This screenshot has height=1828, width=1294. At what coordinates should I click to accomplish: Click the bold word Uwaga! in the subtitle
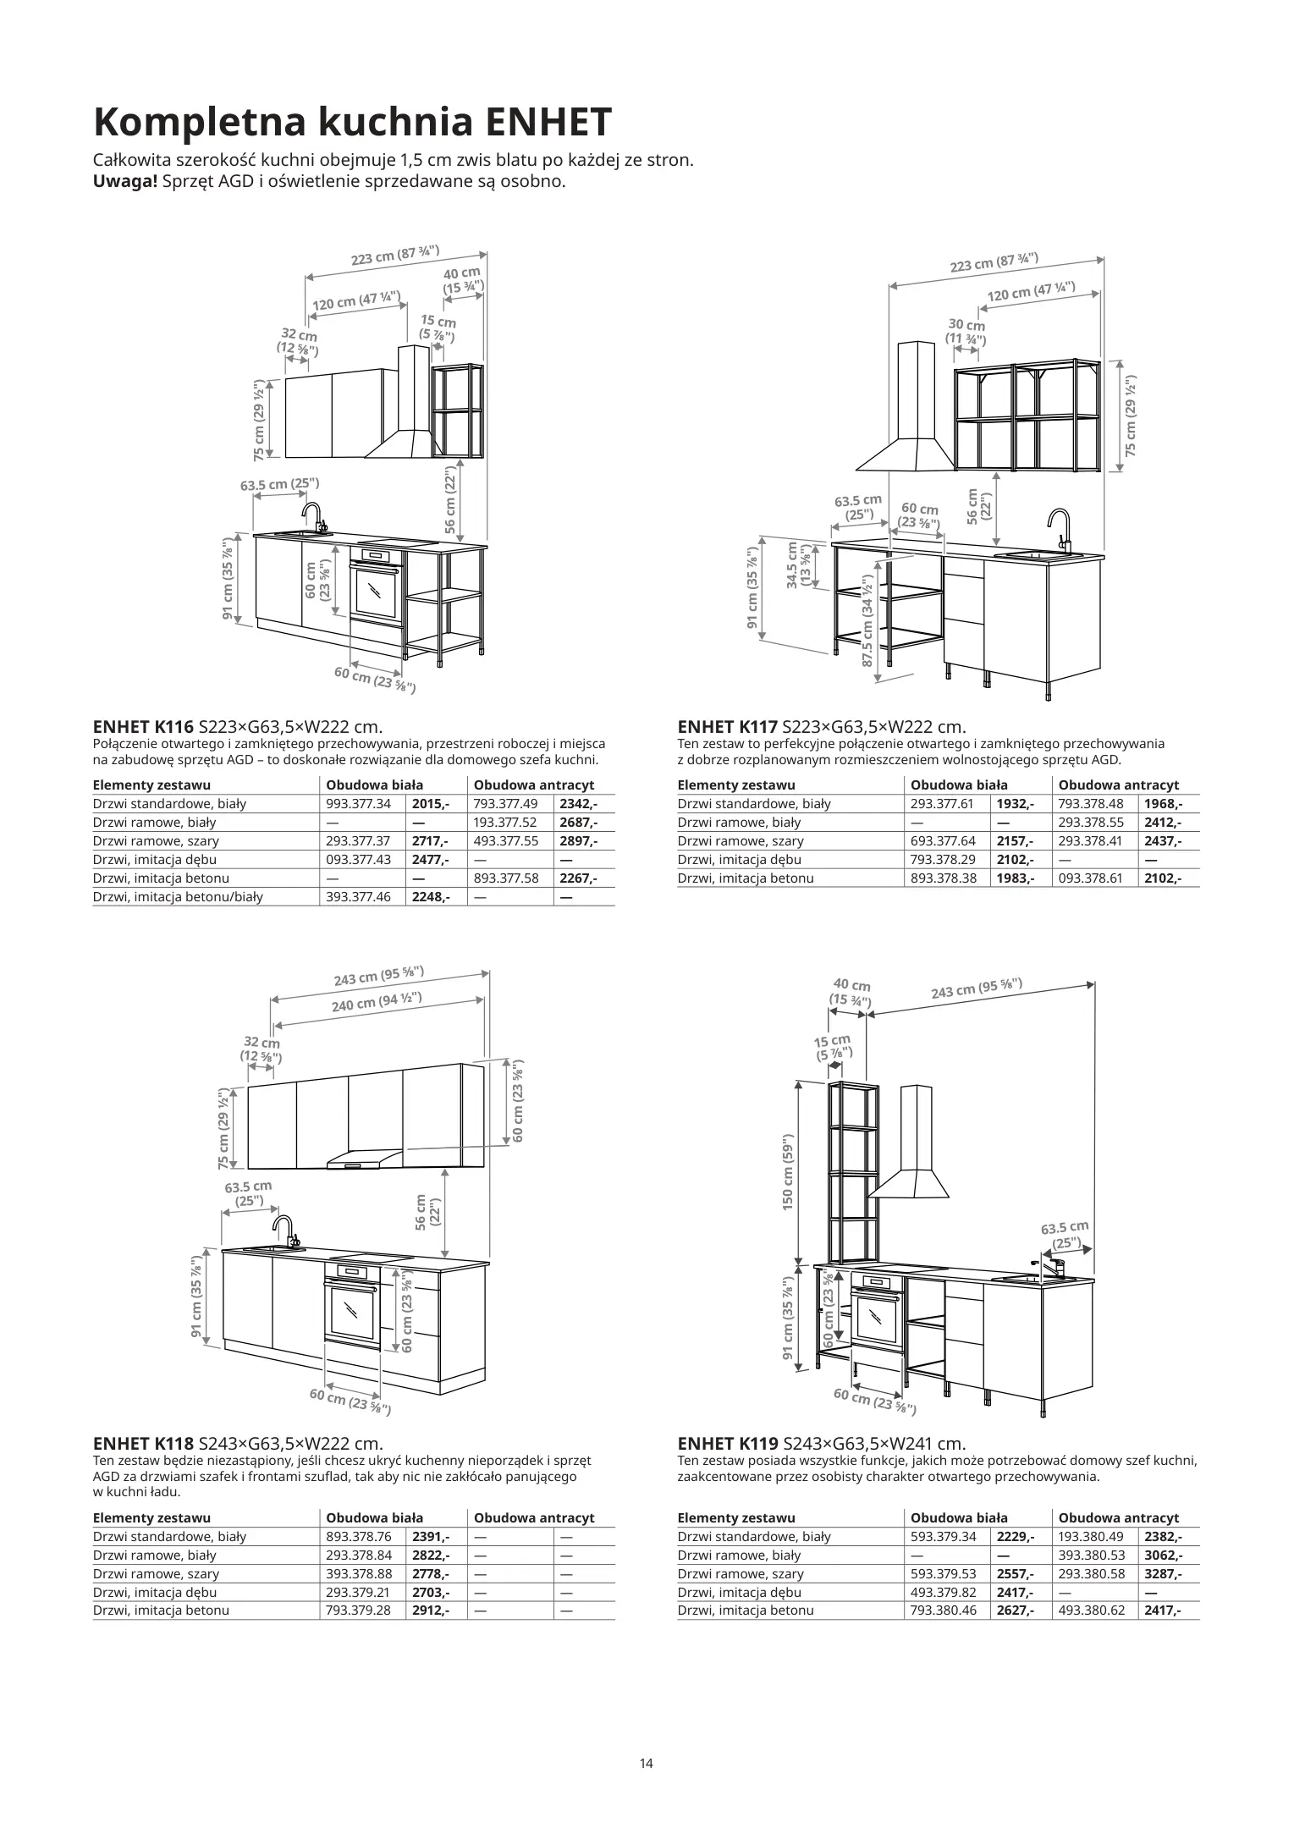(125, 181)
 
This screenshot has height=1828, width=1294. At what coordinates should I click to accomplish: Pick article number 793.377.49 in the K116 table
(506, 804)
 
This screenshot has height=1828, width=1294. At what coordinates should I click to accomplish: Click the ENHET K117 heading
(727, 727)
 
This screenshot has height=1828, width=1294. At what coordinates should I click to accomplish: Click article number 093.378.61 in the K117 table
(1091, 878)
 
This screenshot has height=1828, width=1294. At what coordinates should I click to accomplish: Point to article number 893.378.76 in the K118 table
(358, 1536)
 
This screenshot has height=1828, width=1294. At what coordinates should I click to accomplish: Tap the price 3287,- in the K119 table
(1163, 1573)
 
